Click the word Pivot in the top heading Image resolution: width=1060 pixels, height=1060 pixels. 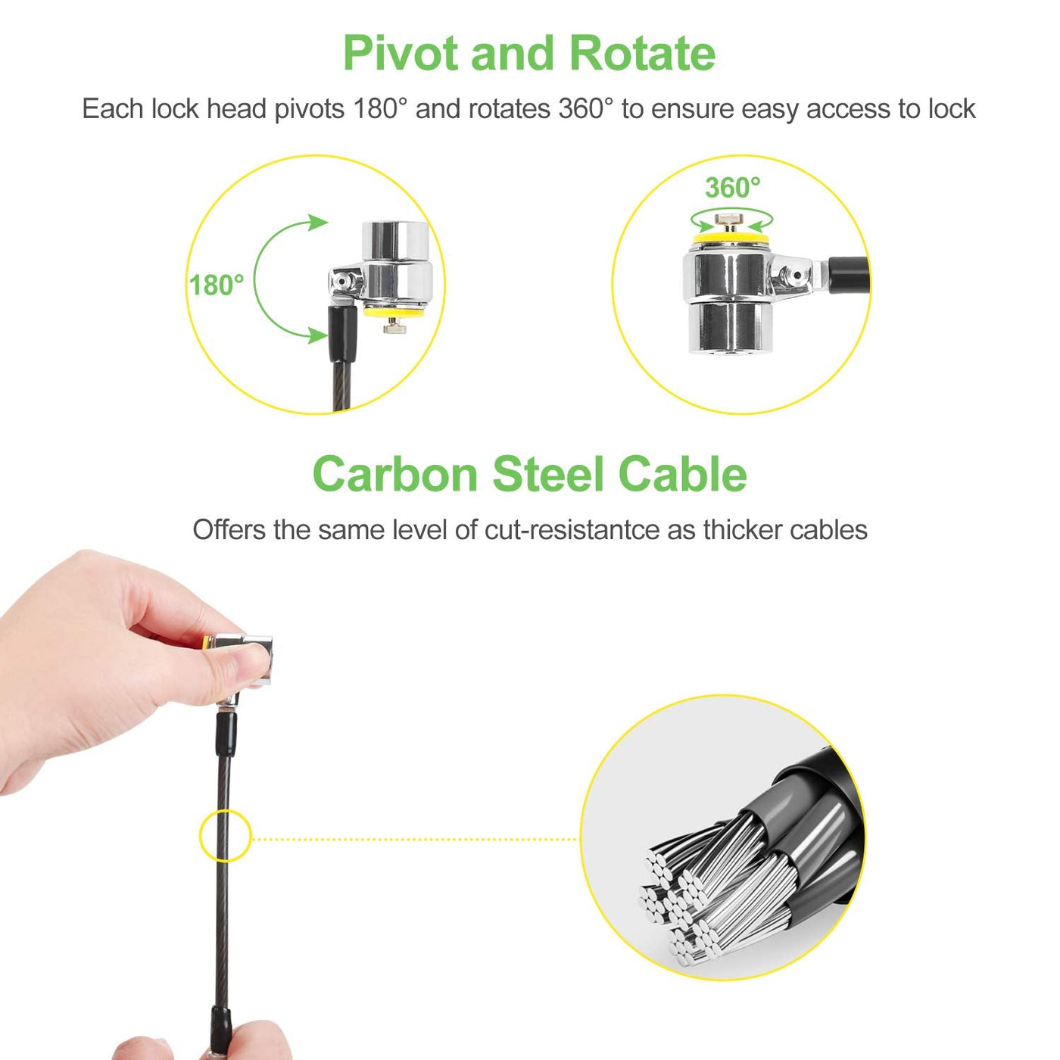coord(401,53)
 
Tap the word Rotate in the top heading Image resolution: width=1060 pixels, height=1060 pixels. coord(643,53)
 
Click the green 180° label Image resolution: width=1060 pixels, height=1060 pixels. coord(217,285)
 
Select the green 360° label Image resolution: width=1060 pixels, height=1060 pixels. coord(733,188)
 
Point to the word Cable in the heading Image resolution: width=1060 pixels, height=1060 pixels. coord(683,474)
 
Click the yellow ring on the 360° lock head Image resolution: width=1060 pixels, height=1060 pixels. coord(731,238)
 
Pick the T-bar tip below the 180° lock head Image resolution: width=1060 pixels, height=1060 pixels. coord(394,329)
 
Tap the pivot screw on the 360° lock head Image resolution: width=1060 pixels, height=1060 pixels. coord(796,274)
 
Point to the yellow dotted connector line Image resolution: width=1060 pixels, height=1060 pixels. coord(416,840)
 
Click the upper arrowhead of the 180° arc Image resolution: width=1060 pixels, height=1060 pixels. coord(318,223)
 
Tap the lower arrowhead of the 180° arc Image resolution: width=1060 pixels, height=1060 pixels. coord(317,335)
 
